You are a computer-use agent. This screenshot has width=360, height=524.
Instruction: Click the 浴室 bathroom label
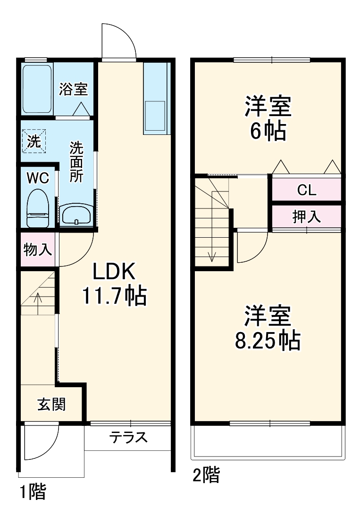click(x=73, y=90)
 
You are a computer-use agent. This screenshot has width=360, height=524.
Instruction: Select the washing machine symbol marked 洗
click(x=33, y=141)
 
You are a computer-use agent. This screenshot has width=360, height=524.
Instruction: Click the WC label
click(x=38, y=178)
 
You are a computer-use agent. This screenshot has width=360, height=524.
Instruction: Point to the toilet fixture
click(x=37, y=208)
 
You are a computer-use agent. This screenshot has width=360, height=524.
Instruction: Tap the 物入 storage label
click(x=38, y=250)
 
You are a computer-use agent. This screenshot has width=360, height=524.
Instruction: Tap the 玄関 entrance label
click(x=51, y=404)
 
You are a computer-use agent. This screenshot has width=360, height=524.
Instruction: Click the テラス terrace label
click(x=128, y=437)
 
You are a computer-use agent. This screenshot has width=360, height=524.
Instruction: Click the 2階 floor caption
click(x=206, y=475)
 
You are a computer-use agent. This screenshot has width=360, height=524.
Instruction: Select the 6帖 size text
click(x=268, y=131)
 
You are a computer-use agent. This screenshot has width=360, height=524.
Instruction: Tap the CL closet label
click(x=306, y=190)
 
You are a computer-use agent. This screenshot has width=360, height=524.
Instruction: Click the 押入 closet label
click(x=307, y=216)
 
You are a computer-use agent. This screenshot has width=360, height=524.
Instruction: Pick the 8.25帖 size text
click(x=268, y=340)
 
